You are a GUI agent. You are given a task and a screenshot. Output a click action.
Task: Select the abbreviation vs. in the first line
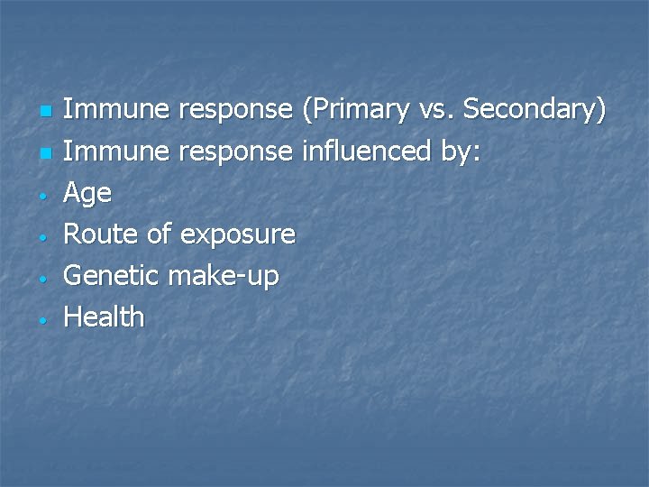435,111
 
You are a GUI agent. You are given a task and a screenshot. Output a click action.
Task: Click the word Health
104,317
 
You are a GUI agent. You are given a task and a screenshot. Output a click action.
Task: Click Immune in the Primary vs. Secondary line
116,110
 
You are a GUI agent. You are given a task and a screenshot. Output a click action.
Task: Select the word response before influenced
236,153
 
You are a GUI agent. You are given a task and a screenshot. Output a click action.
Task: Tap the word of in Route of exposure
159,234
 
